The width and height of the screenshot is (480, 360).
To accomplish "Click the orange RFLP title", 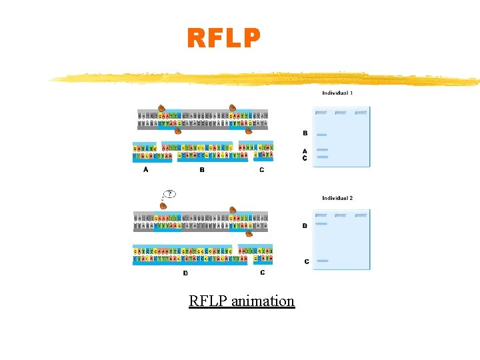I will click(x=223, y=39).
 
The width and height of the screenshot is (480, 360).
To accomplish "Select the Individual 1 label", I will click(x=337, y=93).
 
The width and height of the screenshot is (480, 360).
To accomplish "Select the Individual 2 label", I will click(x=337, y=198).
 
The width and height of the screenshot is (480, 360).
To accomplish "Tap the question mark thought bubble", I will click(x=170, y=194).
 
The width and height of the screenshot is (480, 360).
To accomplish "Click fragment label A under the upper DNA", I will click(x=146, y=170).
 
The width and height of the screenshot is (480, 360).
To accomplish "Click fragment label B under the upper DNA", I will click(x=202, y=170).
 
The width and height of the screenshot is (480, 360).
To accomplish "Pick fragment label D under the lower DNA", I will click(x=185, y=273).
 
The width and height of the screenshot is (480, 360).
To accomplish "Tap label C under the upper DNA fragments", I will click(x=261, y=170).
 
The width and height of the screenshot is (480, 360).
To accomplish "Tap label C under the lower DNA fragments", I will click(x=262, y=272).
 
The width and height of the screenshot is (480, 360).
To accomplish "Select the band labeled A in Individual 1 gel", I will click(x=322, y=151).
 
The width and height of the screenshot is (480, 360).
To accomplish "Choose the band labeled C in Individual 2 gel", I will click(x=322, y=261).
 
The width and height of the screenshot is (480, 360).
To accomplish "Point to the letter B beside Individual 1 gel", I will click(x=305, y=133).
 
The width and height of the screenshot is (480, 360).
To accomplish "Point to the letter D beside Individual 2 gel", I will click(x=305, y=226).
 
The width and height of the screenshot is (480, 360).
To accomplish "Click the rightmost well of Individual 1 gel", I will click(x=361, y=113).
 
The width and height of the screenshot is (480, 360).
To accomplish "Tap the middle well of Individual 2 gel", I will click(x=341, y=216).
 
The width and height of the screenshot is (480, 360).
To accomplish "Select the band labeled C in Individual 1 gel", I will click(x=322, y=157).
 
